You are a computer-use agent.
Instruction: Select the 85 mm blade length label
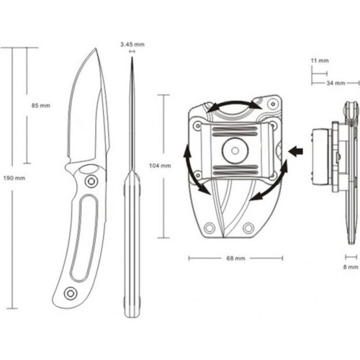pyautogui.click(x=41, y=106)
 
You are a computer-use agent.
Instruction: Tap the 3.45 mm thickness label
pyautogui.click(x=132, y=44)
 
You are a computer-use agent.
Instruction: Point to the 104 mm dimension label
pyautogui.click(x=159, y=166)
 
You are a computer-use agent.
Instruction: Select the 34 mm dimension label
pyautogui.click(x=335, y=84)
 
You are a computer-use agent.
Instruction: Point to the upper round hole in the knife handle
pyautogui.click(x=90, y=182)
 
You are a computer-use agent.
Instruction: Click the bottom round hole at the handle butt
pyautogui.click(x=70, y=292)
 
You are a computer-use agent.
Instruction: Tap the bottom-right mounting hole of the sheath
pyautogui.click(x=248, y=227)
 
